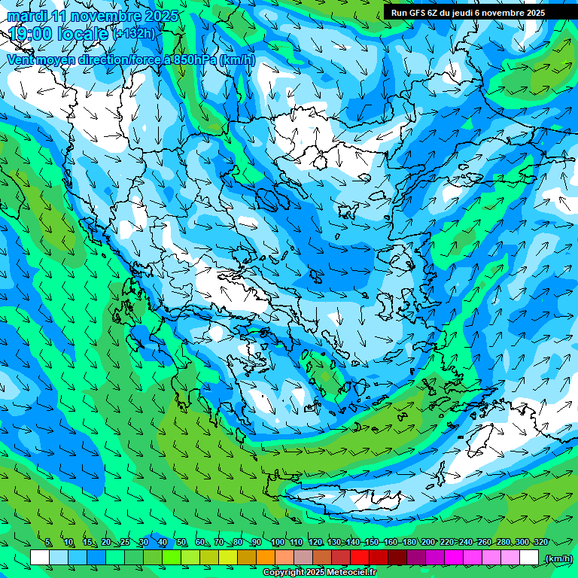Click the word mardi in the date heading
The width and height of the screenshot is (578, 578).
[27, 16]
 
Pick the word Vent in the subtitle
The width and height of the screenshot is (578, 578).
[22, 59]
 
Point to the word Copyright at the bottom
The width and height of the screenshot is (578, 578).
[284, 573]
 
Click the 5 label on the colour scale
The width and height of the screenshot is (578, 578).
[48, 543]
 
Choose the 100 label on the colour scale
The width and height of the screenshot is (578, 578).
[277, 543]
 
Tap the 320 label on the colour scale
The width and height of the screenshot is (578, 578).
[540, 543]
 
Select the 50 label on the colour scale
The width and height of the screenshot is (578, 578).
[181, 543]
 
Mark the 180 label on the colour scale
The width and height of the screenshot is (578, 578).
[409, 543]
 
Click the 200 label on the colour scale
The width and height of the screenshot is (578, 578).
[427, 543]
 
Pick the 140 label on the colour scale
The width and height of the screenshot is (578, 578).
[352, 543]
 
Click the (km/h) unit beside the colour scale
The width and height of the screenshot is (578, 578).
[558, 558]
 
